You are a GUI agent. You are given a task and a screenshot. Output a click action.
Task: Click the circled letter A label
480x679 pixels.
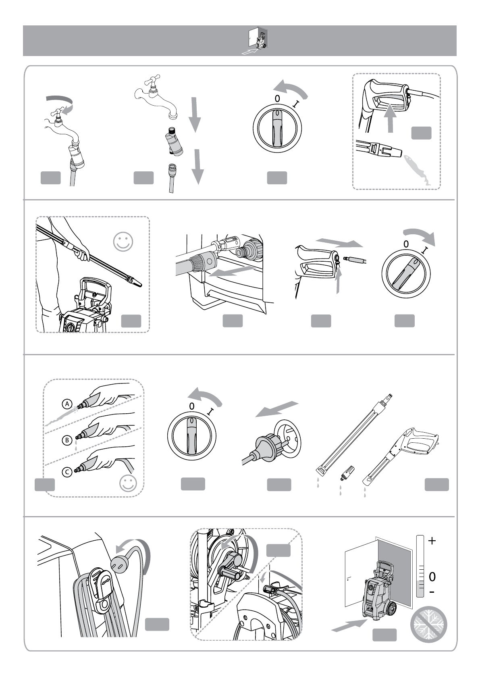[67, 404]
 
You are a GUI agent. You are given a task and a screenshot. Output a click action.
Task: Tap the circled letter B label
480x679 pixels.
[67, 440]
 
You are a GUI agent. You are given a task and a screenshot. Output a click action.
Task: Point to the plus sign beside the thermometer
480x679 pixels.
[432, 541]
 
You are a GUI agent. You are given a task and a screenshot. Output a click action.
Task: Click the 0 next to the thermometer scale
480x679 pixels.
[432, 577]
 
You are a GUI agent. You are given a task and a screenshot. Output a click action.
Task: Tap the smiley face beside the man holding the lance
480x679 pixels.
[123, 242]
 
